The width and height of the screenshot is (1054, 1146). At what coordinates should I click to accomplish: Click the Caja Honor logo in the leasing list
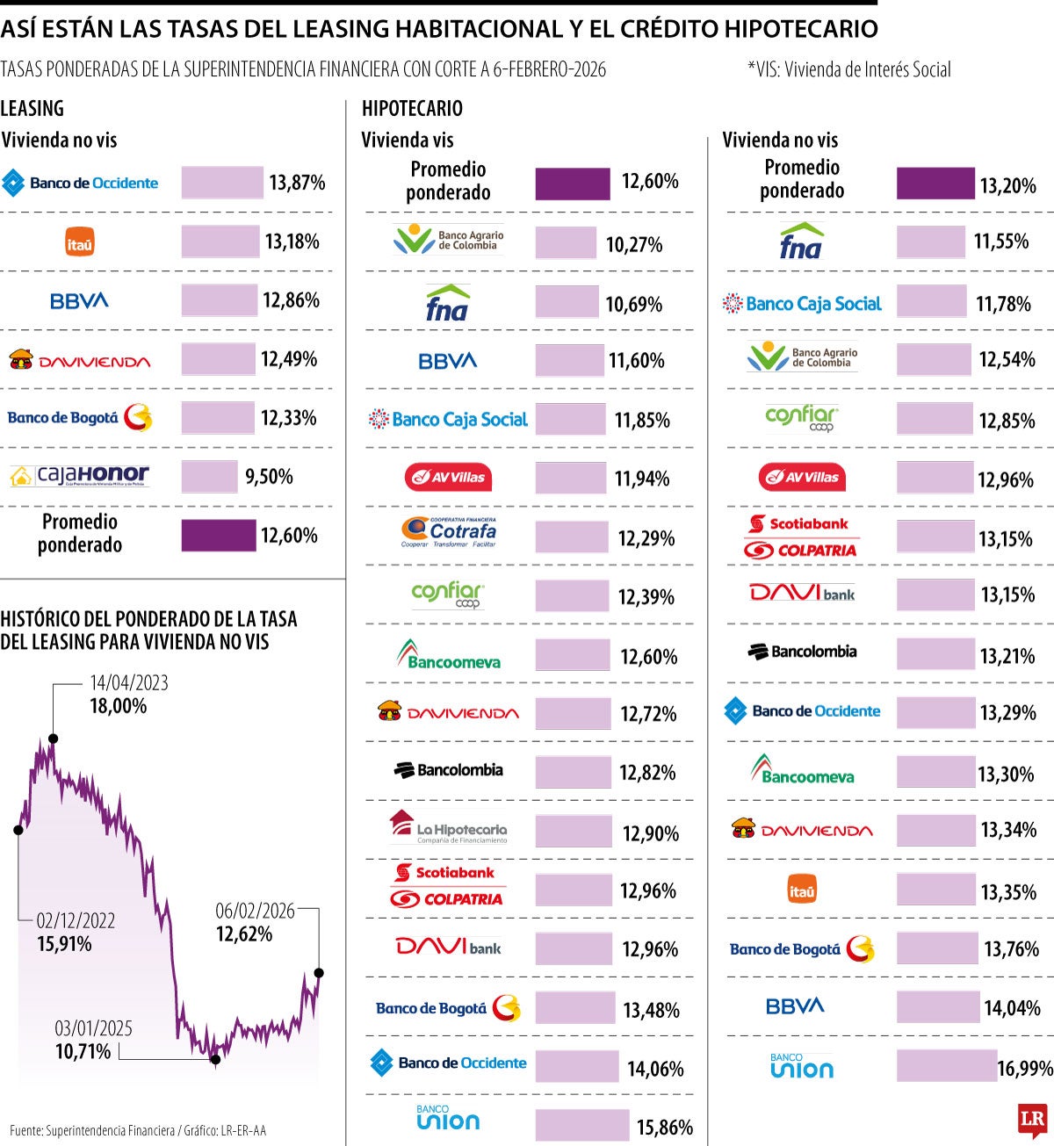coord(80,476)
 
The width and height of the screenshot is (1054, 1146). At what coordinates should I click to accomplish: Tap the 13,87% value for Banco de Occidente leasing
coord(297,183)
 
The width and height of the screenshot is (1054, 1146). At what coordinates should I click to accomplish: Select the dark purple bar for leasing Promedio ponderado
coord(218,535)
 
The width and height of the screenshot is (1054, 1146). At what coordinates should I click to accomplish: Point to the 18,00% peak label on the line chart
coord(118,706)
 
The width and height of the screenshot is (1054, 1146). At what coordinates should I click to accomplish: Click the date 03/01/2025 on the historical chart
coord(94,1028)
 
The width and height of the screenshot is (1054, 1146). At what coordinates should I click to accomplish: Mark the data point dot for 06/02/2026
coord(319,972)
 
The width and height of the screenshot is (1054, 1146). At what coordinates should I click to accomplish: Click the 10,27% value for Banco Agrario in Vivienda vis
coord(633,244)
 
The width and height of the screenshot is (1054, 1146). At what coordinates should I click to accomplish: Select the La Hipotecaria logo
coord(449,827)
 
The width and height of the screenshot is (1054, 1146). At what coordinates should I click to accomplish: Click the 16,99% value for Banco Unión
coord(1025,1068)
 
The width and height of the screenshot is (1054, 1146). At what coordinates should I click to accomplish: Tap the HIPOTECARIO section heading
coord(412,109)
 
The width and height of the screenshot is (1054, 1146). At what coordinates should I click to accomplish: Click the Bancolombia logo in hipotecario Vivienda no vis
coord(802,652)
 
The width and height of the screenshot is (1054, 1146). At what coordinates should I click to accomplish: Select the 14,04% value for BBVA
coord(1012,1007)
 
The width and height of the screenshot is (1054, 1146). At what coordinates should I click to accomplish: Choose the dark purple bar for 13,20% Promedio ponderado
coord(935,184)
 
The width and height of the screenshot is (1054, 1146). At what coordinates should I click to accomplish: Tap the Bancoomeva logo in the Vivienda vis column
coord(448,654)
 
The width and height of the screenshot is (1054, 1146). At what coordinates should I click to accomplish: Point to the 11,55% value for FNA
coord(1001,241)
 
